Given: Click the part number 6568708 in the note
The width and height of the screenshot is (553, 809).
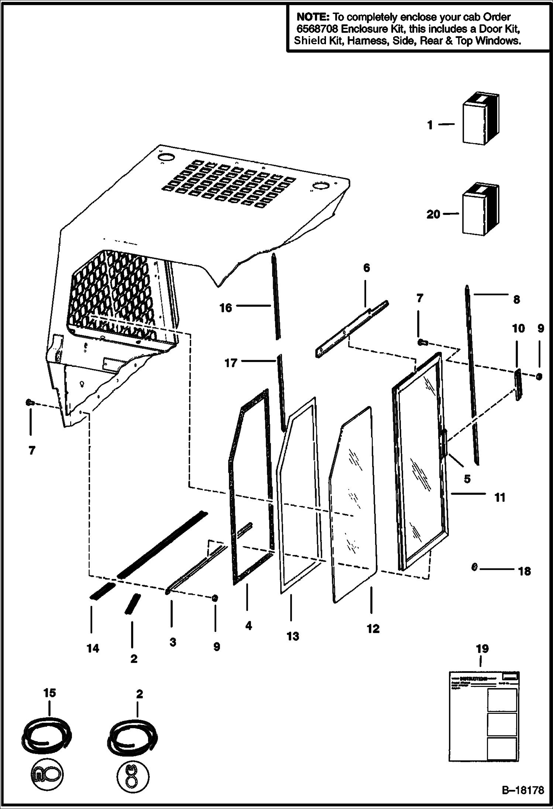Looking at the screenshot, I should pyautogui.click(x=315, y=29).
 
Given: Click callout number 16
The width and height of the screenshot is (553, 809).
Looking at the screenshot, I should pyautogui.click(x=226, y=308).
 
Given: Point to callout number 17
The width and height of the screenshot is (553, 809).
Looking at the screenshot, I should pyautogui.click(x=231, y=363).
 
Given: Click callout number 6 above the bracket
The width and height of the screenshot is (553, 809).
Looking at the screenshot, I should pyautogui.click(x=366, y=268).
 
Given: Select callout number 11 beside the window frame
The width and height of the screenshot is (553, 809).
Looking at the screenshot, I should pyautogui.click(x=499, y=497).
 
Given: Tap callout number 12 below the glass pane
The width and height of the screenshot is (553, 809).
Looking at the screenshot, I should pyautogui.click(x=373, y=629).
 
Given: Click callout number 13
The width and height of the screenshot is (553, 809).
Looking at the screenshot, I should pyautogui.click(x=293, y=636).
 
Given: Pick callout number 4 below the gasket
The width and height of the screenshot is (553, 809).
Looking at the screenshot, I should pyautogui.click(x=248, y=625).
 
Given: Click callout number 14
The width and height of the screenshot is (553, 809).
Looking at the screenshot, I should pyautogui.click(x=93, y=648).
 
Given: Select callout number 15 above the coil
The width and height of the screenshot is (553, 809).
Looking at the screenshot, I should pyautogui.click(x=49, y=693).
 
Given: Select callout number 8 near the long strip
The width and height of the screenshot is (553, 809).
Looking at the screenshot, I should pyautogui.click(x=516, y=300).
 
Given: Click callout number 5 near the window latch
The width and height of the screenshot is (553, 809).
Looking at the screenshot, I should pyautogui.click(x=467, y=479).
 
